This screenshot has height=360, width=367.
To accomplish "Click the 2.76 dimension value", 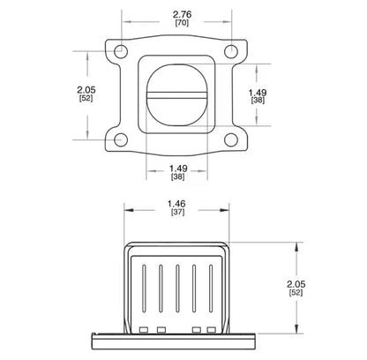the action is (x=182, y=14).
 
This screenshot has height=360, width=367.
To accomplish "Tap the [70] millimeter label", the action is (x=182, y=23).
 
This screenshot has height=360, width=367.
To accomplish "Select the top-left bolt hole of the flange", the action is (x=121, y=51).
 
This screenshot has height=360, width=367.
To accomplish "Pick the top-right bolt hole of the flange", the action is (x=231, y=51).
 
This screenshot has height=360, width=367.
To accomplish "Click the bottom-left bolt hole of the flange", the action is (x=121, y=139).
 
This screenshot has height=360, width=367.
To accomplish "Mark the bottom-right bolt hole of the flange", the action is (x=231, y=139).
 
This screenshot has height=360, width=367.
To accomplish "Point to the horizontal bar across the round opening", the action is (x=177, y=94).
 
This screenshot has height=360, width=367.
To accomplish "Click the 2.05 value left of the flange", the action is (x=86, y=89).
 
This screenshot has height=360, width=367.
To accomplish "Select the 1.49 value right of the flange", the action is (x=258, y=93).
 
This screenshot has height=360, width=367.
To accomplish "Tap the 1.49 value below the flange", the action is (x=178, y=169).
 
